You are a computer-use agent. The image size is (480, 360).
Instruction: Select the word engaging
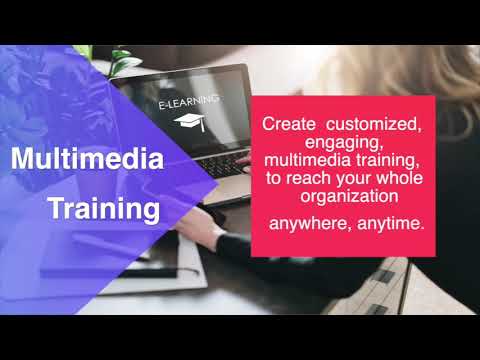click(339, 144)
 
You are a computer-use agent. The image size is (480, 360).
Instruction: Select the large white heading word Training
click(104, 210)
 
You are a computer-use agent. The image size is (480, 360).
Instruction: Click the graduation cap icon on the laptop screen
click(187, 122)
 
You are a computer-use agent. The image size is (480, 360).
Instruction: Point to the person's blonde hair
click(440, 70)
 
